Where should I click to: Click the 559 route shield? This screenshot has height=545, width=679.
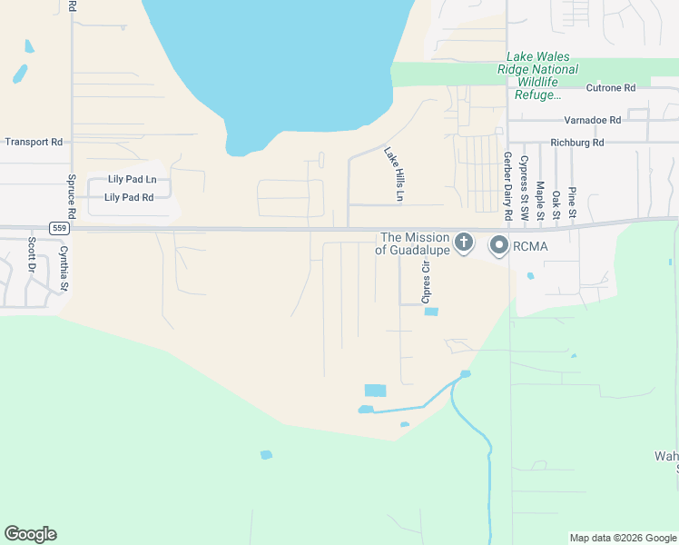(x=59, y=228)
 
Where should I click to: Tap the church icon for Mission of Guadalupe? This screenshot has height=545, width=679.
(x=464, y=243)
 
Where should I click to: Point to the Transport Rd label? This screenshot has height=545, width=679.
(x=34, y=143)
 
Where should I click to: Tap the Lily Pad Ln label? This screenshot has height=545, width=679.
(x=132, y=180)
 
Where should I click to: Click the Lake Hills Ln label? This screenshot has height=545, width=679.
(x=393, y=174)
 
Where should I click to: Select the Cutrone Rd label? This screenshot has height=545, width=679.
(x=611, y=88)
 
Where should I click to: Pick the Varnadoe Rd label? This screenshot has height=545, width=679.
(x=592, y=120)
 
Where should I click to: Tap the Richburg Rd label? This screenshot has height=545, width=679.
(x=577, y=143)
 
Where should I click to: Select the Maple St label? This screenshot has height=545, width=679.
(x=541, y=197)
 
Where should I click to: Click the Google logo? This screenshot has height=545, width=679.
(x=30, y=534)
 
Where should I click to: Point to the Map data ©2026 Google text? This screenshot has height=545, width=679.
(x=623, y=538)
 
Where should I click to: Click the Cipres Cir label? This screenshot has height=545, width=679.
(x=424, y=281)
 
